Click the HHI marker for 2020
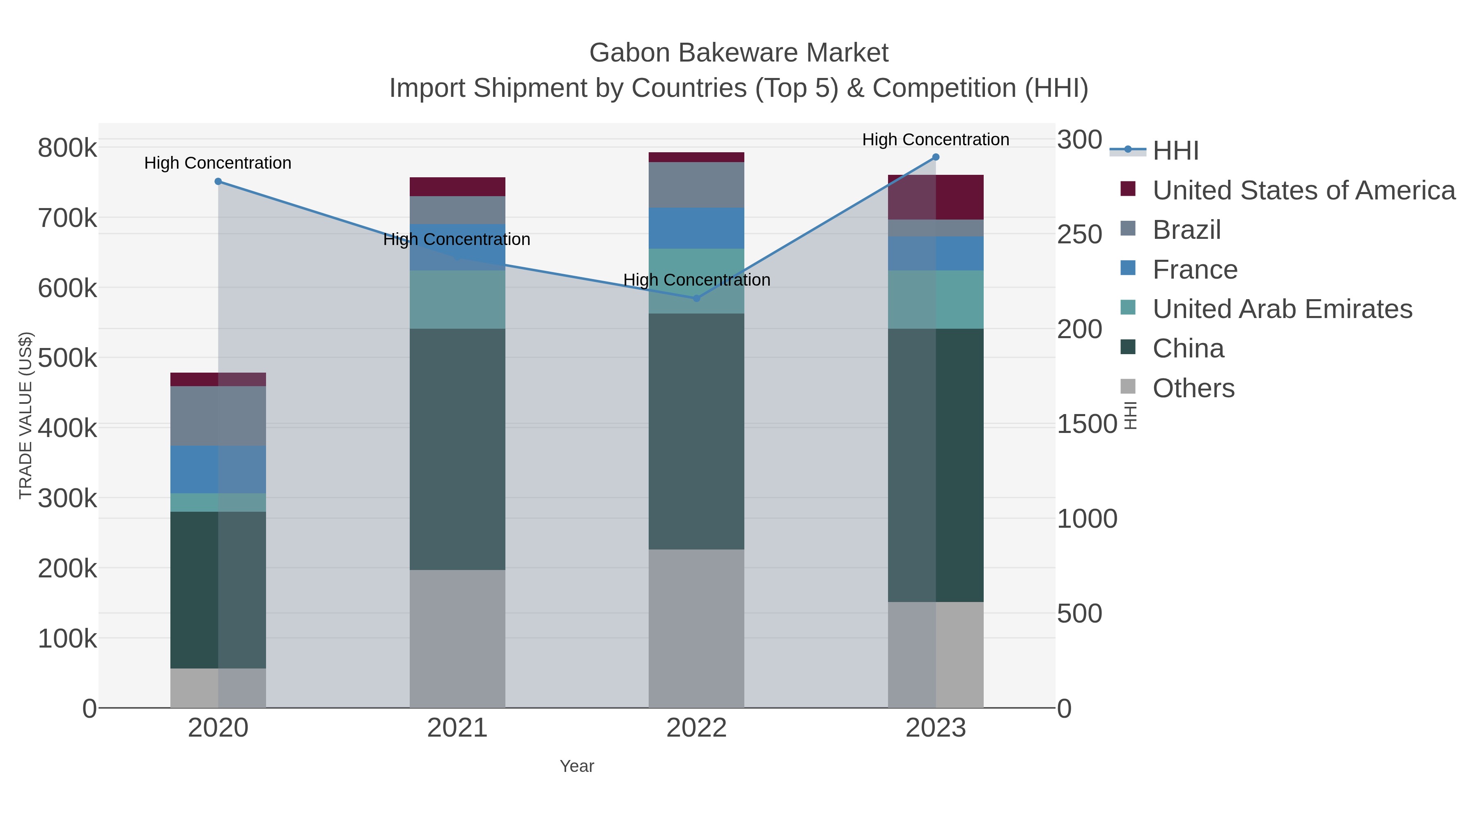218,182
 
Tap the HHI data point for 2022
697,298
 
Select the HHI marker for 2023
936,157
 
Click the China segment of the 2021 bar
457,449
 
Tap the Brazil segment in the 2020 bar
218,416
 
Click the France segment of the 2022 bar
697,228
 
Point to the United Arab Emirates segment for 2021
457,300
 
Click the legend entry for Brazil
1187,230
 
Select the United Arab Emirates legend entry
1282,309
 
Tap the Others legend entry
1193,388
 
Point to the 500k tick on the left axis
68,358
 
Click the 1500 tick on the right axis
1087,424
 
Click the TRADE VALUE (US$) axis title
26,415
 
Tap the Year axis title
577,766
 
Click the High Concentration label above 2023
935,140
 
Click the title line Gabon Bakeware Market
739,53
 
